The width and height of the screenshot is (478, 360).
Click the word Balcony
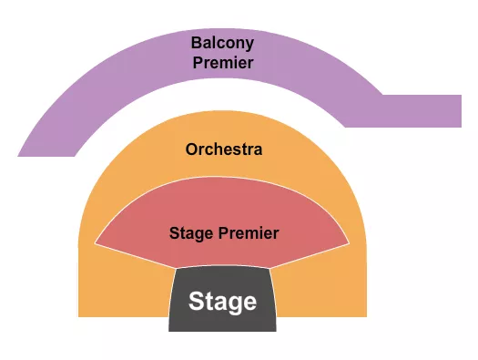point(222,43)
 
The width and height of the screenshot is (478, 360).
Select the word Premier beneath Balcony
point(222,63)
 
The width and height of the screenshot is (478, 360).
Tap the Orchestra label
point(223,149)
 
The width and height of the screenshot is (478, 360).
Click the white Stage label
point(222,302)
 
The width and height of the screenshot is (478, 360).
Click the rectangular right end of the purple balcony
point(446,110)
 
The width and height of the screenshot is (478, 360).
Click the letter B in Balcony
point(196,43)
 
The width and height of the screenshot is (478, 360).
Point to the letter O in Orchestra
point(190,149)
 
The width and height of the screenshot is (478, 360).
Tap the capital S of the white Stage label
point(195,302)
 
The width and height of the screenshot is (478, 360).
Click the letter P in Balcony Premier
point(197,63)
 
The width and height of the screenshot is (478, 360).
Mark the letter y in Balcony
point(249,45)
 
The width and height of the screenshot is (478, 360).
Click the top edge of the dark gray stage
point(222,268)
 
